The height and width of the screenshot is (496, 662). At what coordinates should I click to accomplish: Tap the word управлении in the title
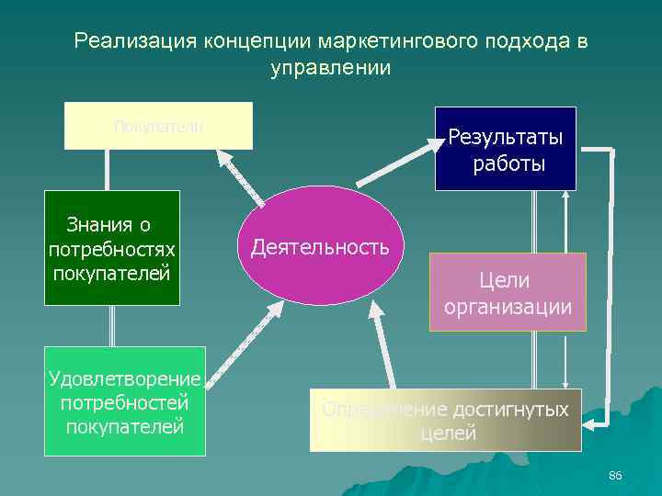(x=331, y=68)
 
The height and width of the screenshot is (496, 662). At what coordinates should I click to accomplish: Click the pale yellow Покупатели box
(x=158, y=126)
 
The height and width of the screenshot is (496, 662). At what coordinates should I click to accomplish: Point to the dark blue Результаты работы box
(x=506, y=149)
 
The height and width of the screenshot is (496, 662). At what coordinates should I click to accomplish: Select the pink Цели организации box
(x=508, y=292)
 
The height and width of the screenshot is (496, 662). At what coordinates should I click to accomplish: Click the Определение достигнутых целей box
(x=445, y=421)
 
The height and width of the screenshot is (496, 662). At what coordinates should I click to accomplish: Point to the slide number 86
(x=615, y=475)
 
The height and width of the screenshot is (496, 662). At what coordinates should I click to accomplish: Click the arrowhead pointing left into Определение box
(x=592, y=422)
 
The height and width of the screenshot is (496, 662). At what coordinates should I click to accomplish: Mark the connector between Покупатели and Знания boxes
(x=108, y=170)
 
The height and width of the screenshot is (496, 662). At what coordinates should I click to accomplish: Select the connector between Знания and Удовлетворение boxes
(x=112, y=326)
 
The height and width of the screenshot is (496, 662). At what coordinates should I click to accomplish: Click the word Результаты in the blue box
(x=506, y=137)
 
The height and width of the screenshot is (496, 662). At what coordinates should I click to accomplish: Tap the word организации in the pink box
(x=508, y=306)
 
